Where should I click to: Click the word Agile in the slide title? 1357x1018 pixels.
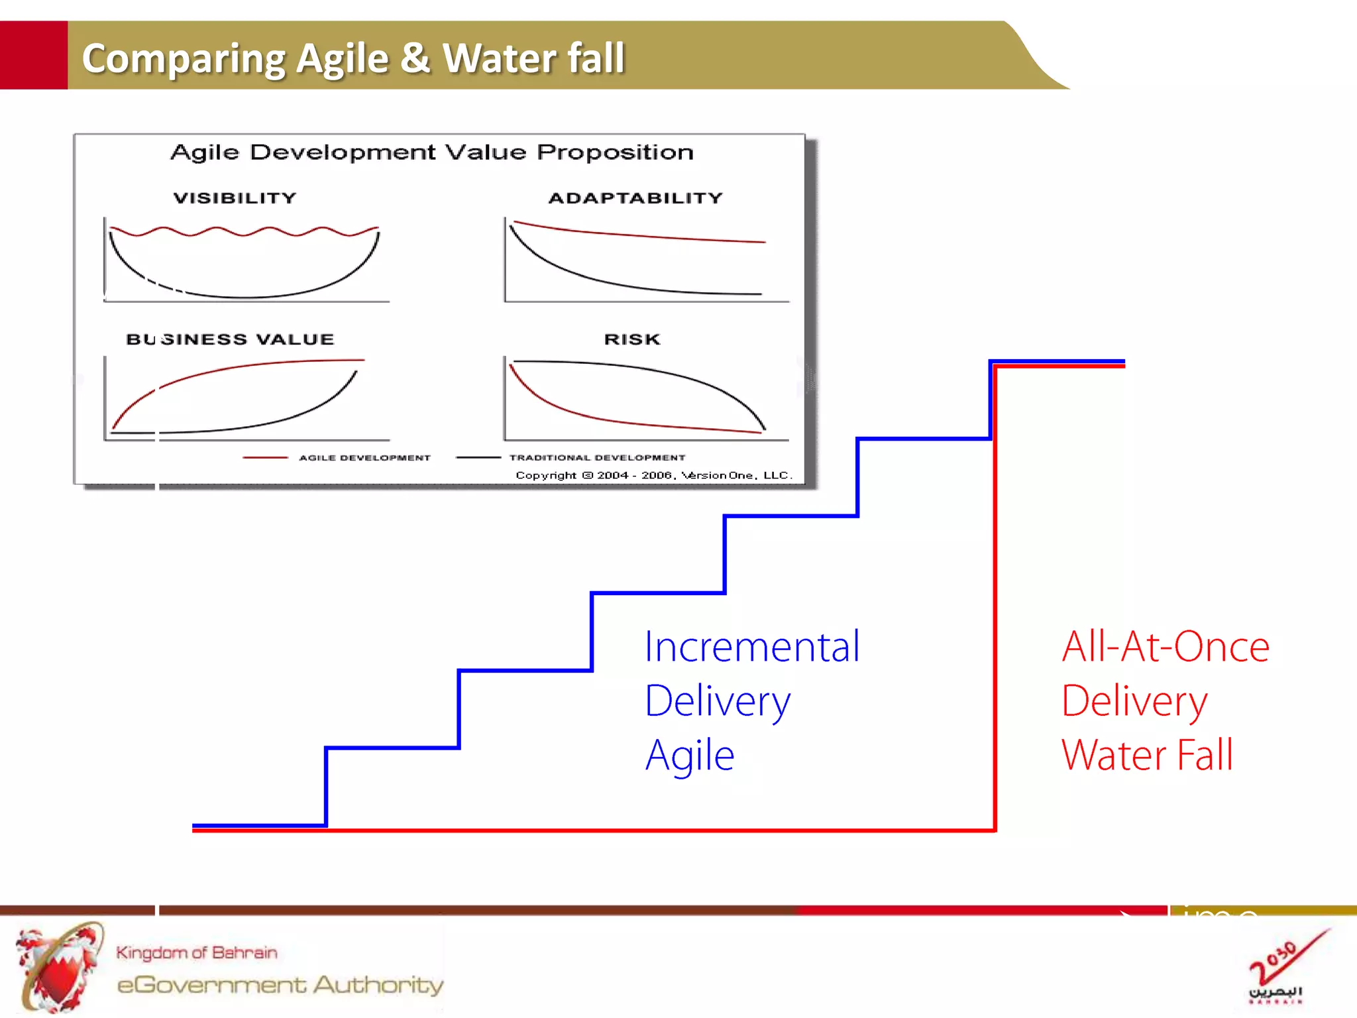342,58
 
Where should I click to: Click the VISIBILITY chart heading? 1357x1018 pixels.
235,198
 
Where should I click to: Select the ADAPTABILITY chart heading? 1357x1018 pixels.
635,198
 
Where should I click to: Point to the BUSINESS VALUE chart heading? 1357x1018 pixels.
230,339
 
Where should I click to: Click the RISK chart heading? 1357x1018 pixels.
632,339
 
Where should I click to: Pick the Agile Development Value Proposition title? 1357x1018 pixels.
432,152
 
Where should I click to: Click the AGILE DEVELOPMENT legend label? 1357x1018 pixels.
364,458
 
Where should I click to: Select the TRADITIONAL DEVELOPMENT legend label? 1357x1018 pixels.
597,458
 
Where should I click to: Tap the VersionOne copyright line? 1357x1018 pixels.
653,475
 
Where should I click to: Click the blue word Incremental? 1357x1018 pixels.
752,647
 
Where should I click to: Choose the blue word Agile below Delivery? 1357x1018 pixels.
690,756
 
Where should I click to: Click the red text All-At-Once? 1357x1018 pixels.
1166,647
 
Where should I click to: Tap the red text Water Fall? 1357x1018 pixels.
1147,756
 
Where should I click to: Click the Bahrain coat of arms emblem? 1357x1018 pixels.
60,968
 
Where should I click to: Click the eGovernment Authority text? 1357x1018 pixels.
280,985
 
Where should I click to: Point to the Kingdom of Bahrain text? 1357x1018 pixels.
197,952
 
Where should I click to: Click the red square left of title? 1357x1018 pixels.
33,55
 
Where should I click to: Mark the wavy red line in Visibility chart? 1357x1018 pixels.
244,232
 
